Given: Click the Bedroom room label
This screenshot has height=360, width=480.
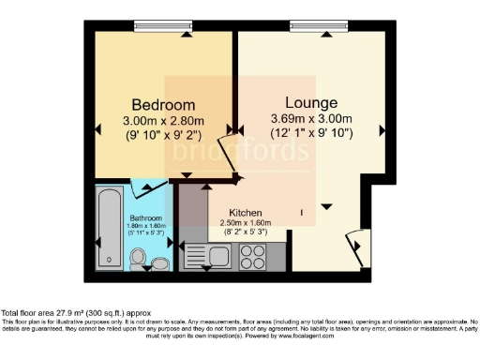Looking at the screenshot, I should (x=163, y=104).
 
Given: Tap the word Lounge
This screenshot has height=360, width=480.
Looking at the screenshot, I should (x=311, y=101).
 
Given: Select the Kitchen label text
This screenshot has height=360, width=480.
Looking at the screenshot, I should (x=246, y=213).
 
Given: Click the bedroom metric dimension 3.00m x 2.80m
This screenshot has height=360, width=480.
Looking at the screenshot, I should (x=163, y=120).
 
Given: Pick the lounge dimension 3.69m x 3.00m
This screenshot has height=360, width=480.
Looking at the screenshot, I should (x=311, y=118).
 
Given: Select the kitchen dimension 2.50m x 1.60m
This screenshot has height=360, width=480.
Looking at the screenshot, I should (x=246, y=223).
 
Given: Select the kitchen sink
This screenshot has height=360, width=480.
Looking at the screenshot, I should (x=208, y=254).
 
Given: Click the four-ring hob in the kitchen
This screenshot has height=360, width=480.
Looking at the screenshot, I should (x=253, y=255).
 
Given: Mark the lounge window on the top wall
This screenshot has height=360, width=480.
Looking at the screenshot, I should (x=309, y=25).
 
